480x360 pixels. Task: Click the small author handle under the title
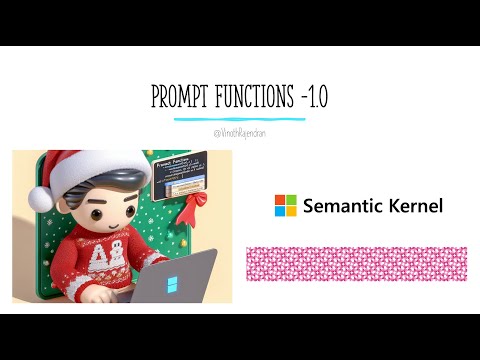[x=240, y=131]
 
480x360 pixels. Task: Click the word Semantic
[x=344, y=206]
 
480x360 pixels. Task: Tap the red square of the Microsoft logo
[x=280, y=200]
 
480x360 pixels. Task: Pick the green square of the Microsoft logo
[x=292, y=200]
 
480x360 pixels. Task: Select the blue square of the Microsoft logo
[x=280, y=212]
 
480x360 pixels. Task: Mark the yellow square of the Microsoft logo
[x=292, y=212]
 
